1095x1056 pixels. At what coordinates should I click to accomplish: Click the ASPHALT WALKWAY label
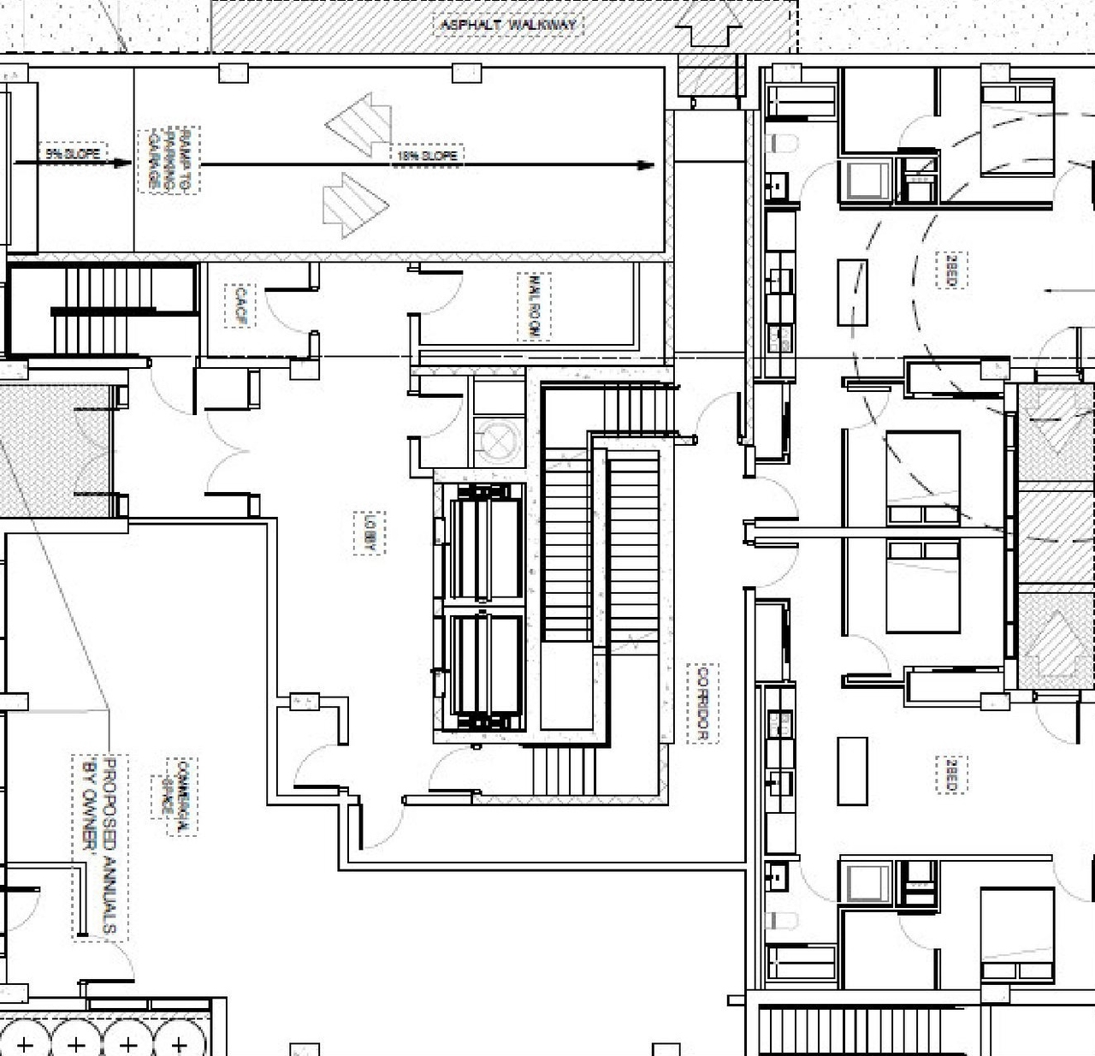click(508, 25)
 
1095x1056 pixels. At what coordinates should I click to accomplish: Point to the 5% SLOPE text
click(74, 154)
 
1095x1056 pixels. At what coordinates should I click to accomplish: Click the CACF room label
click(240, 306)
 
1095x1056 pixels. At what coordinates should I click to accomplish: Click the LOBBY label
click(370, 532)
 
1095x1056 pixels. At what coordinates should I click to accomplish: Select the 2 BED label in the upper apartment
click(950, 270)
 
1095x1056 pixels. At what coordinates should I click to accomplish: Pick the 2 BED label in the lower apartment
click(950, 774)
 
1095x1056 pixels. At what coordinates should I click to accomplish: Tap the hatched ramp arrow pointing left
click(358, 125)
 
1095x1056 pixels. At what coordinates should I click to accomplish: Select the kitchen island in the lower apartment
click(852, 771)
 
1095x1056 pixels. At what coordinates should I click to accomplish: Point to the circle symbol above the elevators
click(498, 441)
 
